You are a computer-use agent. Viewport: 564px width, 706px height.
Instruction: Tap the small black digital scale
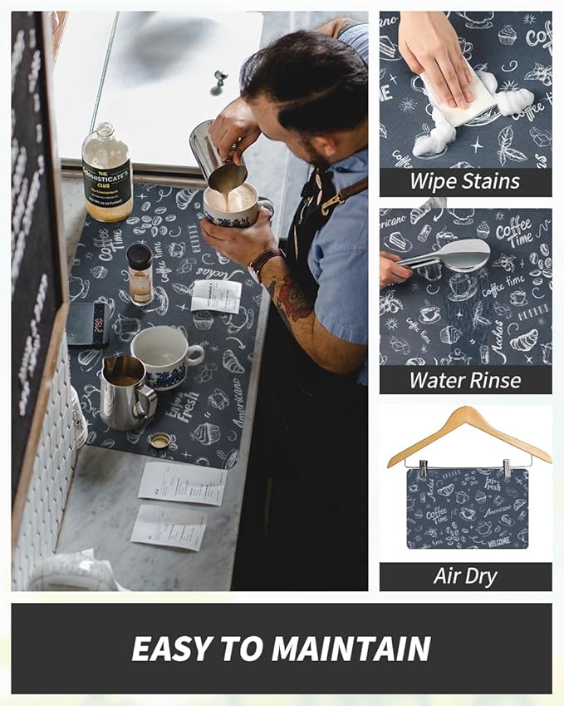click(88, 323)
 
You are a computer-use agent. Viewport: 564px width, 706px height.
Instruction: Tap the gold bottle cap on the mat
click(160, 441)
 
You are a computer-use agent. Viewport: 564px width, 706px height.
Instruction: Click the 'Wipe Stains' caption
click(465, 182)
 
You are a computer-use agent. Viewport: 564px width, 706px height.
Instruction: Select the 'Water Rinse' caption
click(465, 380)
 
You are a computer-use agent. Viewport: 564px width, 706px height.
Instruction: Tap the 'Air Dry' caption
click(465, 576)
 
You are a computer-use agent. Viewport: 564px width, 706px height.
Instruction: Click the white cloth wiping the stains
click(458, 98)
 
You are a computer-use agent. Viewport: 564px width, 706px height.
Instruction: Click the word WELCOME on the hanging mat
click(499, 541)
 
